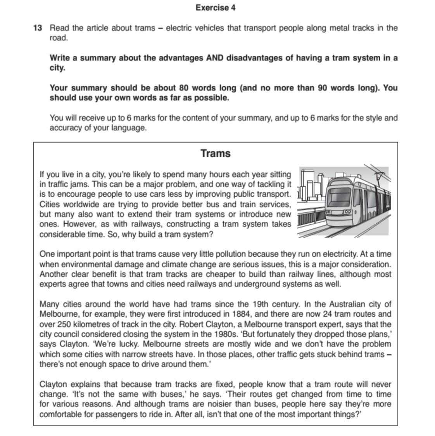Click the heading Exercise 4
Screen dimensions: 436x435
[x=215, y=8]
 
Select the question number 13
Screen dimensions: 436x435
[x=38, y=28]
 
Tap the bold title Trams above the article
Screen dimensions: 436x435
[x=216, y=153]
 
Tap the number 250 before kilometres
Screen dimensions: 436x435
[x=64, y=324]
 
